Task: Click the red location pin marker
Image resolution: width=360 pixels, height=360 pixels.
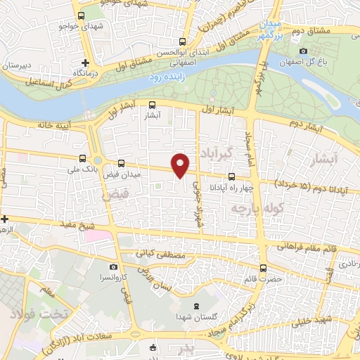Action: point(181,165)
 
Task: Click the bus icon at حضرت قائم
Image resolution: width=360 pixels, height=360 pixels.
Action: point(264,267)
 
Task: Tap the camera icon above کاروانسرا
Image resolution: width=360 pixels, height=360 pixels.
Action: point(113,267)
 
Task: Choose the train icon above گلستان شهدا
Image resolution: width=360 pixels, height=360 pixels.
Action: point(195,304)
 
